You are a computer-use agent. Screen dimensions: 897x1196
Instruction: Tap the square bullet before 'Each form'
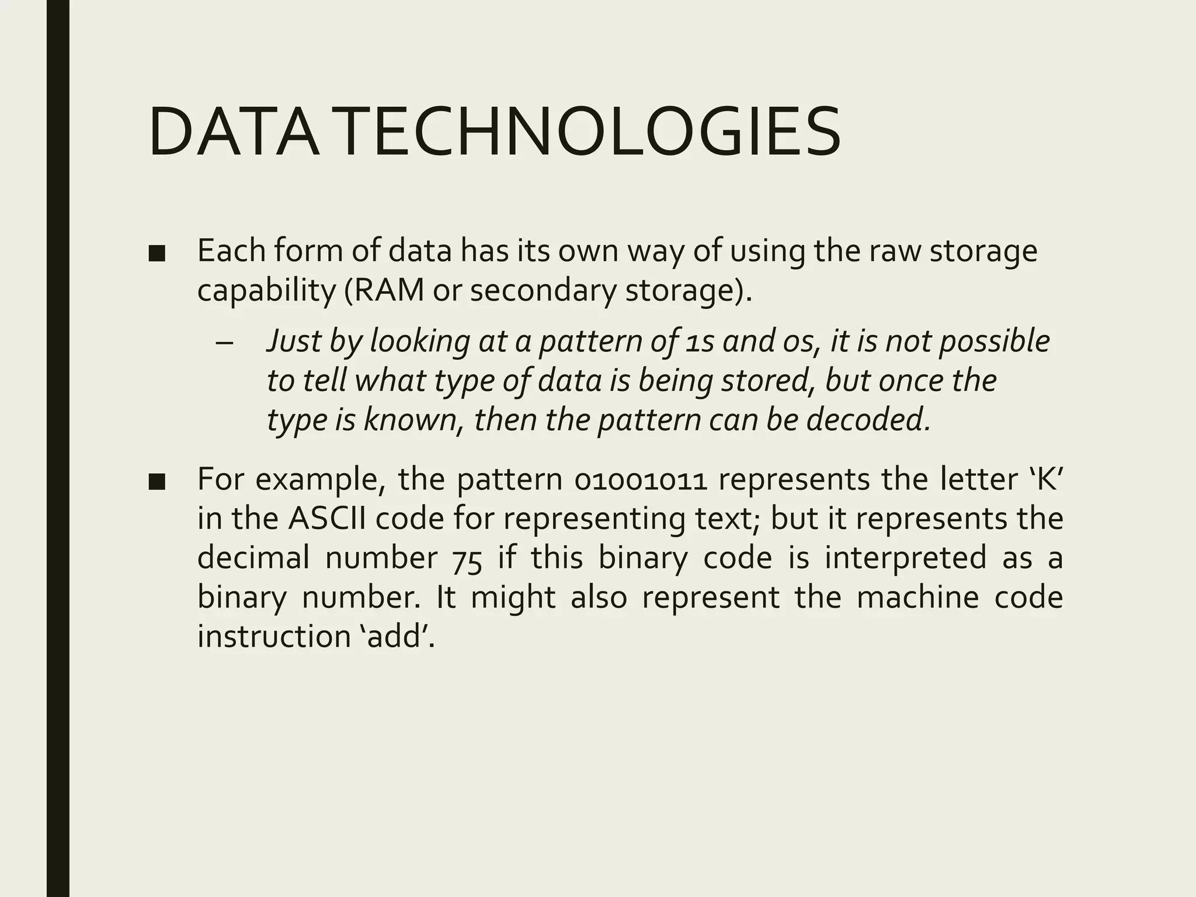coord(157,254)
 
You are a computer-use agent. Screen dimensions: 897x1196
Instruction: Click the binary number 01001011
coord(641,480)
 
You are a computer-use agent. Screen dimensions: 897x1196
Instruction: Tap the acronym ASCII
coord(327,519)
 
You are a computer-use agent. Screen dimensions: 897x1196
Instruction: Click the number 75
coord(467,559)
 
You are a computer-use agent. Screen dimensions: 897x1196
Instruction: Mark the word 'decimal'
coord(253,558)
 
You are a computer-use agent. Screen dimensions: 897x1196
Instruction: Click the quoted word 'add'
coord(397,636)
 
